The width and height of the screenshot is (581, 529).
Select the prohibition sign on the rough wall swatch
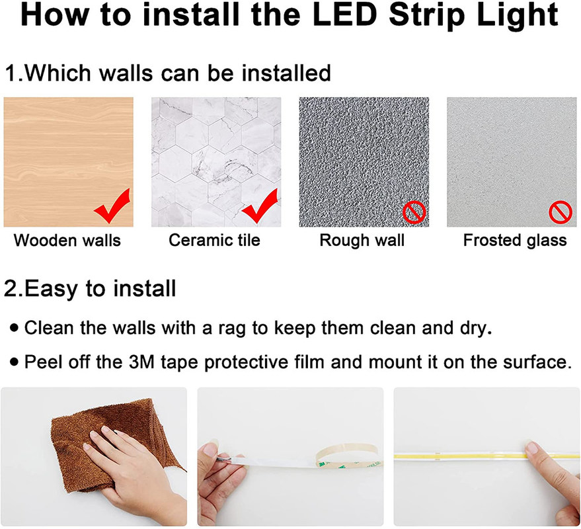point(414,212)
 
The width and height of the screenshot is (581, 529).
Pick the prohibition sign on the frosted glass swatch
point(561,212)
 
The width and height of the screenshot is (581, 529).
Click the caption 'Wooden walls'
point(67,240)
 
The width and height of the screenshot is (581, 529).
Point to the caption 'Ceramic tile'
point(215,240)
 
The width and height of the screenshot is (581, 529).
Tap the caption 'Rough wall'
point(362,240)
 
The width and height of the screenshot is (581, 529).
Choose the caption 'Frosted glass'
point(515,241)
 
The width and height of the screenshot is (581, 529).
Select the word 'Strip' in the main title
point(426,16)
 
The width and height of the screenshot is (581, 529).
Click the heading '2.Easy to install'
point(90,288)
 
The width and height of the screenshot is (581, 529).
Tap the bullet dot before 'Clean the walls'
point(15,328)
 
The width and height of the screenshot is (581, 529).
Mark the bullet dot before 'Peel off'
point(15,362)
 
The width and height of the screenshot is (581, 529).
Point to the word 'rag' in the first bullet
point(231,329)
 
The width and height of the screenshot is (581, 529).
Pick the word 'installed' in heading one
point(286,73)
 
